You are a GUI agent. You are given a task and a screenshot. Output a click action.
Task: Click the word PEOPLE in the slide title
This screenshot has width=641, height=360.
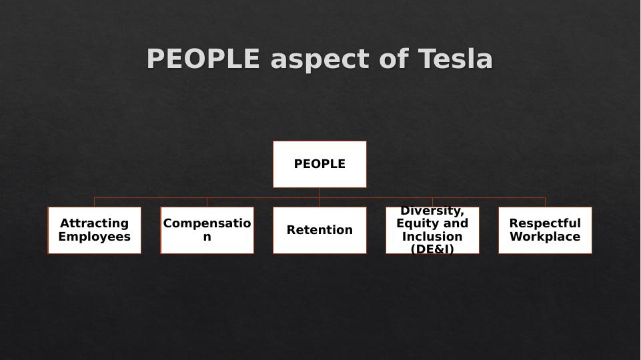(203, 59)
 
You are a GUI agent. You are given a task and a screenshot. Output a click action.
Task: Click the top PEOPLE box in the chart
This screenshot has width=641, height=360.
(319, 164)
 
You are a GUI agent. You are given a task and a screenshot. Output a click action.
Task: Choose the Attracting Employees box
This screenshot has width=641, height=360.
(94, 230)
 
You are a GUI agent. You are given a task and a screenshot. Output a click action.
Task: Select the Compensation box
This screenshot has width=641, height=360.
(207, 230)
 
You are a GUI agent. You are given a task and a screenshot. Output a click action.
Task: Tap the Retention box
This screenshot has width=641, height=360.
(319, 230)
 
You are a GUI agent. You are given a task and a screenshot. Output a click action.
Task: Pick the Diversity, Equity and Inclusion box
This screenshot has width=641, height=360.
(432, 230)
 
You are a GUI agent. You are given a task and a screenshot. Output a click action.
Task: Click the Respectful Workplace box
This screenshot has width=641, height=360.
(545, 230)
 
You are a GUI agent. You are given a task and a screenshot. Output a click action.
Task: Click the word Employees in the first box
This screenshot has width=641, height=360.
(94, 237)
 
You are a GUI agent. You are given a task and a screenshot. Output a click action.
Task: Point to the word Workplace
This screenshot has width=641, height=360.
(545, 237)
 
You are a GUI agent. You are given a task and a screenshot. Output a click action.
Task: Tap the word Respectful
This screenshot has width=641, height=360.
(545, 223)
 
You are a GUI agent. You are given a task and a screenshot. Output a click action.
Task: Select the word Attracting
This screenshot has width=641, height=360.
(94, 223)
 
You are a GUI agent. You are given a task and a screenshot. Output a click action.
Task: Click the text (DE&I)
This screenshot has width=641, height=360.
(432, 249)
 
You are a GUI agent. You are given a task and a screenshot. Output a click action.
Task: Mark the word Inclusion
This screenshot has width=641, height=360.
(432, 237)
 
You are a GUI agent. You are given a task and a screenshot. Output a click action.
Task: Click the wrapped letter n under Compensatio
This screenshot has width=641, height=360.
(207, 237)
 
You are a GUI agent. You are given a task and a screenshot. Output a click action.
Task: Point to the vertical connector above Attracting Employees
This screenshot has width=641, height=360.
(94, 202)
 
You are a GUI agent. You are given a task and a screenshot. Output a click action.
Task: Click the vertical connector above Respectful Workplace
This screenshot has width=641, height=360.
(545, 202)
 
